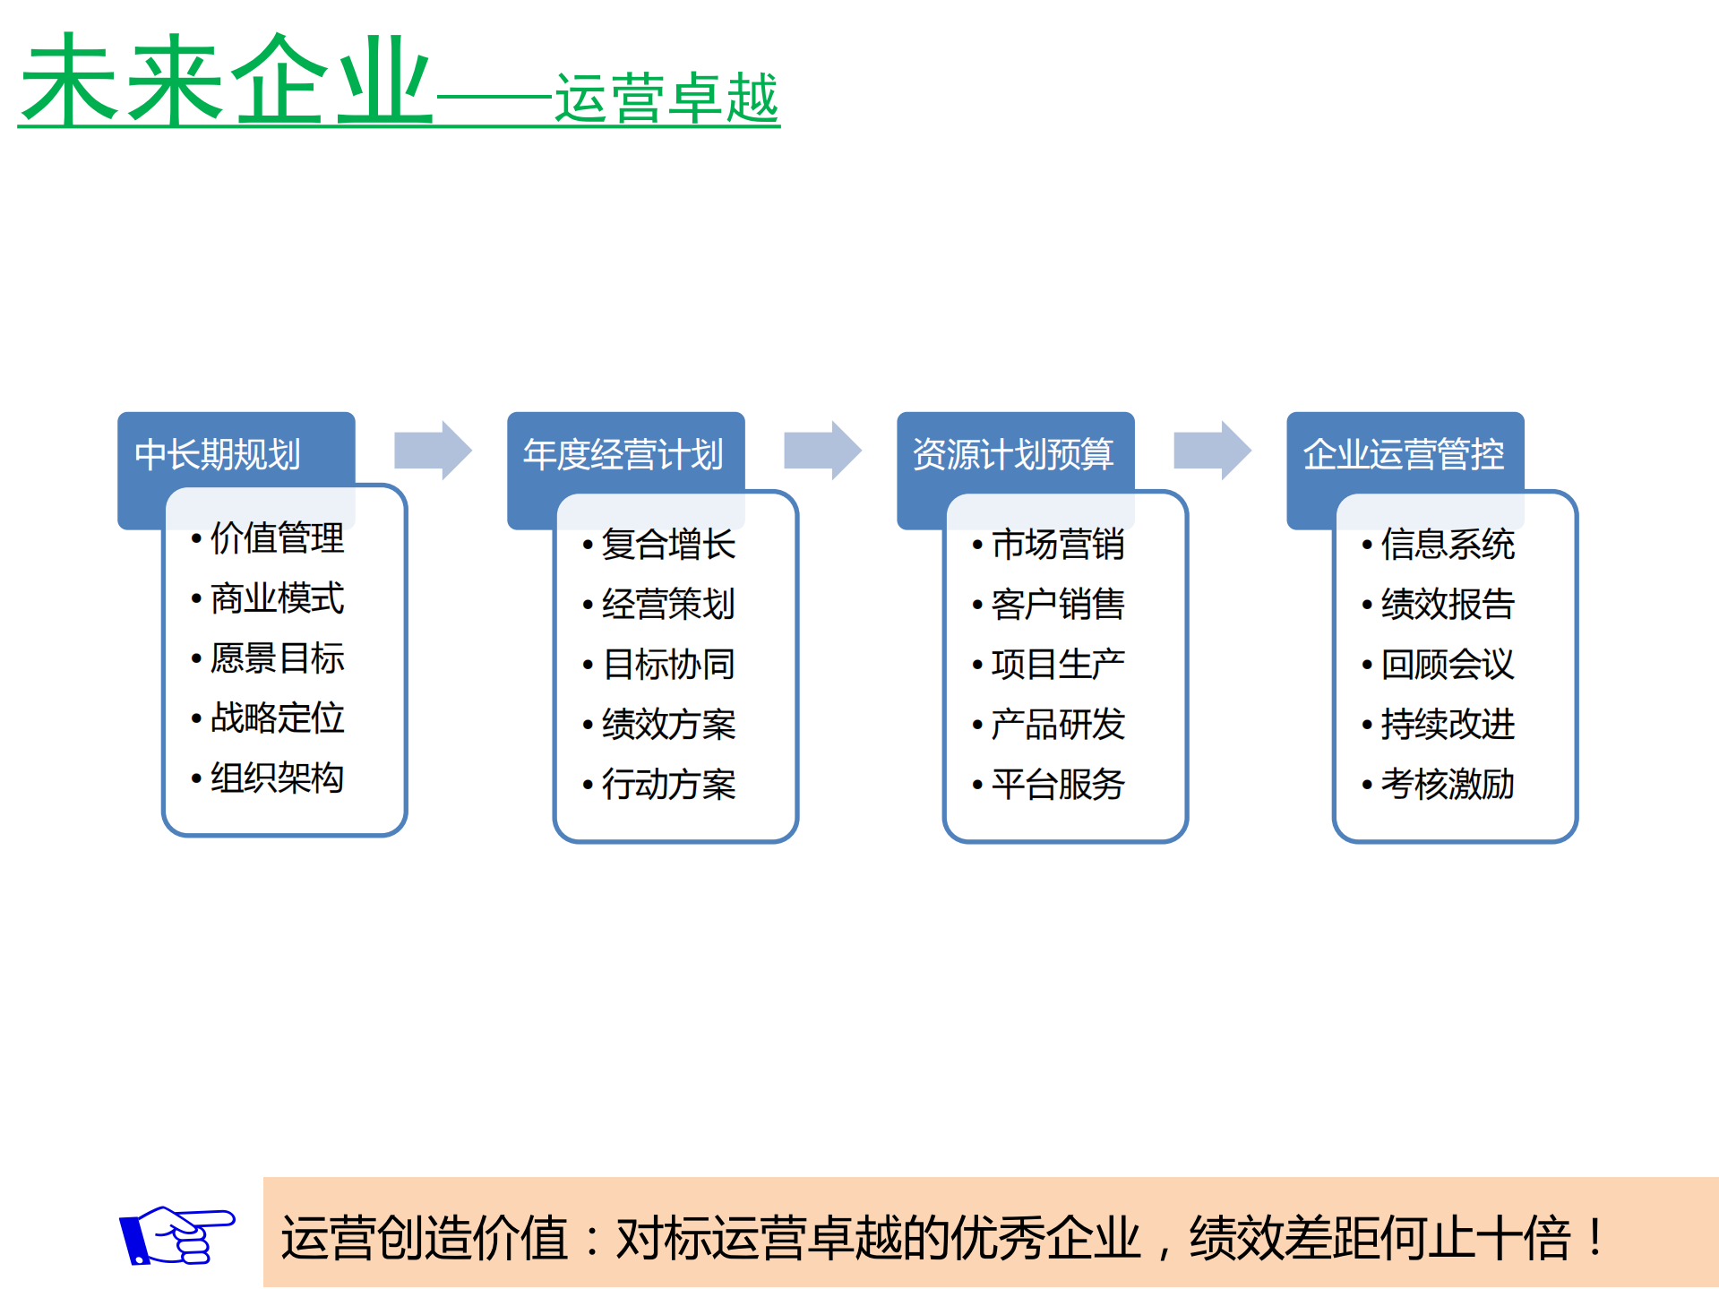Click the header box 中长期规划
(x=218, y=454)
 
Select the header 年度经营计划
(x=623, y=454)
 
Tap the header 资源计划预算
(x=1013, y=454)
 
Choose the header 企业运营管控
(x=1404, y=454)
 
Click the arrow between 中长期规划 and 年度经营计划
(x=433, y=450)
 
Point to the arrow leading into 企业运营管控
(x=1212, y=450)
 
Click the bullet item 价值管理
(x=277, y=538)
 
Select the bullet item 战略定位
(x=277, y=718)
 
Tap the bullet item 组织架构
(x=277, y=778)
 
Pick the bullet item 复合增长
(x=668, y=545)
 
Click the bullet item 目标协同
(x=668, y=665)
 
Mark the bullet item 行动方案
(x=668, y=785)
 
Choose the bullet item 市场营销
(x=1058, y=545)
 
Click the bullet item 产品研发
(x=1058, y=725)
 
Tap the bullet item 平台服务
(x=1058, y=785)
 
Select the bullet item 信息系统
(x=1448, y=545)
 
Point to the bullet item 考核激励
(x=1448, y=785)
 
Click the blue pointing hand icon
(x=176, y=1235)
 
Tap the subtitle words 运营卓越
(x=666, y=98)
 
